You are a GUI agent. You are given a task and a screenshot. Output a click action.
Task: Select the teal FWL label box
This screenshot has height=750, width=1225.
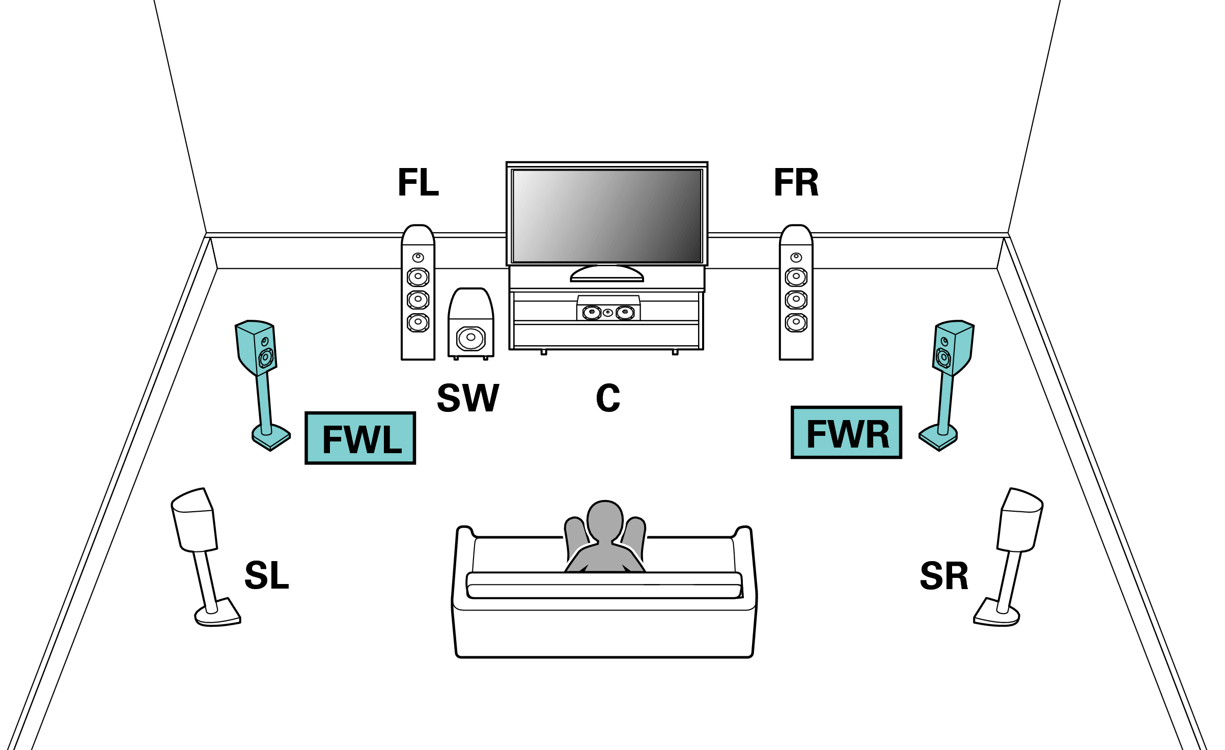[360, 438]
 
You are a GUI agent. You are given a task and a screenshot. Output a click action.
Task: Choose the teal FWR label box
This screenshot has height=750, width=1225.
[846, 433]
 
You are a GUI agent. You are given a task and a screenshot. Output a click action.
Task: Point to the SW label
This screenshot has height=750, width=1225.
[468, 398]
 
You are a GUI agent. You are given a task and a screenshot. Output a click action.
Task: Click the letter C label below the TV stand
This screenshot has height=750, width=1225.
[608, 398]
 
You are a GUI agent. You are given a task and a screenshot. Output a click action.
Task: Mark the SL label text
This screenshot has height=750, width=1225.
[267, 575]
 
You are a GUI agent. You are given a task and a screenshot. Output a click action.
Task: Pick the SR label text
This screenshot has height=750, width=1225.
[944, 576]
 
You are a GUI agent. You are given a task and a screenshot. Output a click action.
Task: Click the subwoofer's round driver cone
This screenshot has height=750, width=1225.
[471, 338]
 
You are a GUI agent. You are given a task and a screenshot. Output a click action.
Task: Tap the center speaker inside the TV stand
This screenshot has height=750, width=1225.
[608, 309]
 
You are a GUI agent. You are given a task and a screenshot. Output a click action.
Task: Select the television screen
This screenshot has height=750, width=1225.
[607, 216]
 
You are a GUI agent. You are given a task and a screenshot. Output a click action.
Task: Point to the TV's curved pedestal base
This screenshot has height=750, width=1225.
[607, 275]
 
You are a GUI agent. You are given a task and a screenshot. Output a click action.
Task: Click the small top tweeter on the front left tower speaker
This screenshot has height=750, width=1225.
[418, 257]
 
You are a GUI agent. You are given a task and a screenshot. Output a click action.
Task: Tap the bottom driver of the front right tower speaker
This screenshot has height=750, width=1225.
[796, 322]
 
